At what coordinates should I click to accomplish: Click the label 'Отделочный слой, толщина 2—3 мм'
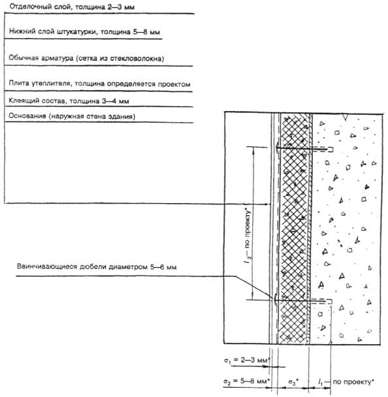coord(72,7)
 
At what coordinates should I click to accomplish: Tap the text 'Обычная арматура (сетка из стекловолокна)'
coord(86,58)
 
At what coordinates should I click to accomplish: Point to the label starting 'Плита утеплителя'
coord(99,84)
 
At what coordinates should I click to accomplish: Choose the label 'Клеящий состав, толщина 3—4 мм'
coord(69,101)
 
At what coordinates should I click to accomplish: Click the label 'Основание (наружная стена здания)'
coord(72,116)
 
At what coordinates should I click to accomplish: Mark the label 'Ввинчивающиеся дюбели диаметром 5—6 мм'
coord(97,266)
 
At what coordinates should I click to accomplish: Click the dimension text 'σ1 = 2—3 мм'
coord(246,360)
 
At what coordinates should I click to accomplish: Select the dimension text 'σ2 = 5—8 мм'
coord(246,381)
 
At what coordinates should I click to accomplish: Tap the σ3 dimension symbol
coord(293,382)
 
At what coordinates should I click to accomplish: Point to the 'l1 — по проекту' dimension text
coord(346,381)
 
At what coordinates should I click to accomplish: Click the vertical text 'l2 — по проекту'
coord(248,236)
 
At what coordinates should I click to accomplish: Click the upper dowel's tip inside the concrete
coord(332,150)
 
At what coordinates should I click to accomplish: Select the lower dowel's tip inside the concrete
coord(331,301)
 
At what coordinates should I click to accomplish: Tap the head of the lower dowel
coord(274,300)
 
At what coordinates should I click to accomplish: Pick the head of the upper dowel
coord(277,148)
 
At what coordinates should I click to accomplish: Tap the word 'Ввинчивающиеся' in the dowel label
coord(47,266)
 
